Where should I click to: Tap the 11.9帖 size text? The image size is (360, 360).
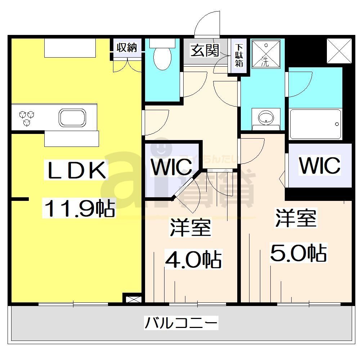click(79, 208)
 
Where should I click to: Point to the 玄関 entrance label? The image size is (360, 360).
click(205, 50)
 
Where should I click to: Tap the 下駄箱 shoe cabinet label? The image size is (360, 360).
click(239, 55)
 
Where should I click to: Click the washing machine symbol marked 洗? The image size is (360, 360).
click(265, 54)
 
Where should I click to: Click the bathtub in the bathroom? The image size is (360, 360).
click(315, 124)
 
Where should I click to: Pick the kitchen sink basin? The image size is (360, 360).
click(72, 118)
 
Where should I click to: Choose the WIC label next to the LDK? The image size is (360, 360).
click(171, 166)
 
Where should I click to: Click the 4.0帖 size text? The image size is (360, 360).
click(193, 258)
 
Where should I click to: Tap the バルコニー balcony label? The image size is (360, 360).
click(181, 323)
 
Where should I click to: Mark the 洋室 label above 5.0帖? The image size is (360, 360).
click(296, 218)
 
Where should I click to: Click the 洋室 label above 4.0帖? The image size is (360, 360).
click(190, 227)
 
